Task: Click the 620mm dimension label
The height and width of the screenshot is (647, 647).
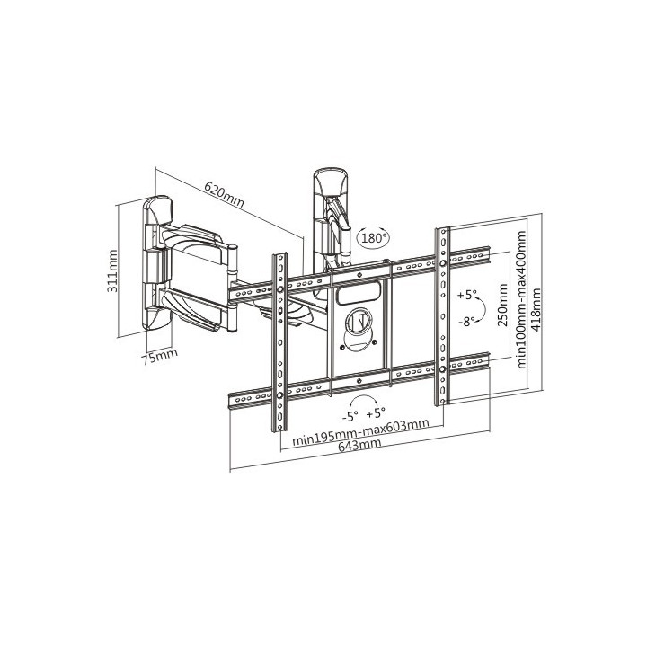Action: coord(225,194)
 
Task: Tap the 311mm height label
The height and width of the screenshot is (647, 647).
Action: coord(112,271)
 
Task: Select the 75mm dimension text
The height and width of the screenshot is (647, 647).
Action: coord(159,356)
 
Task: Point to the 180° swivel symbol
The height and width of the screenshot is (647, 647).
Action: coord(373,237)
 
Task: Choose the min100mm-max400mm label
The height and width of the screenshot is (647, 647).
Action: coord(522,299)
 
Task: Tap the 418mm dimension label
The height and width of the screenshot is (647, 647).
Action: coord(536,309)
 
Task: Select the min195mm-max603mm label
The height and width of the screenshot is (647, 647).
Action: coord(360,432)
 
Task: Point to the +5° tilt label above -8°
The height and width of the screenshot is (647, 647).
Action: coord(467,295)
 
